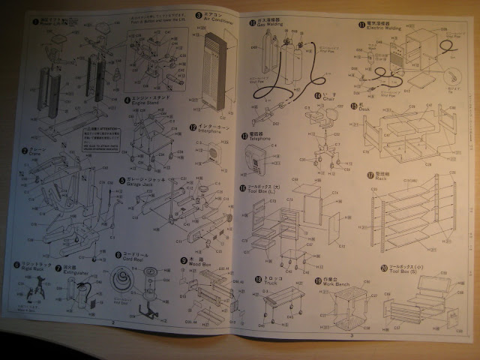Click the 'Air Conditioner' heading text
(x=217, y=21)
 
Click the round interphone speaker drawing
(x=214, y=154)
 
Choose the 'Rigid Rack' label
(x=27, y=269)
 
